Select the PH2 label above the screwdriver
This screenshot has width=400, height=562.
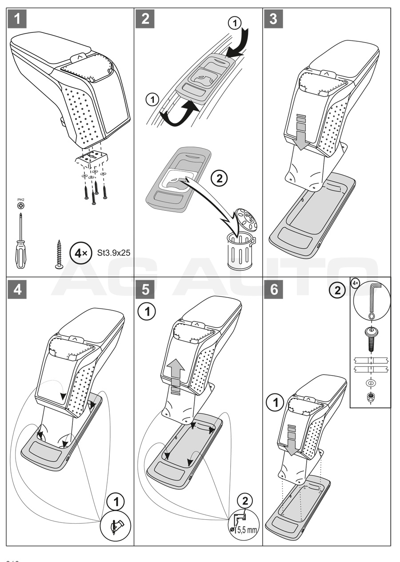[x=20, y=201]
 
